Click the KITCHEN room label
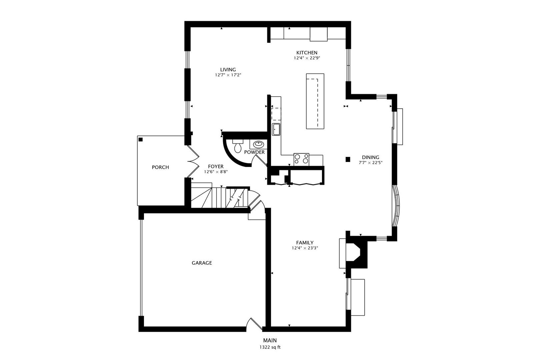coord(307,53)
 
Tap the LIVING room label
coord(228,70)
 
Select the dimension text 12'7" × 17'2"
coord(228,75)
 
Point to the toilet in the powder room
coord(238,146)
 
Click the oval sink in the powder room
coord(258,144)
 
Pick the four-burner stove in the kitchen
coord(301,159)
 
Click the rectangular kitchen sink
coord(276,129)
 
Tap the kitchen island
coord(315,101)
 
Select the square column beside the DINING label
coord(348,159)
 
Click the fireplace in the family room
coord(357,253)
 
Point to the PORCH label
coord(160,167)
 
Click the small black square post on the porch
coord(141,139)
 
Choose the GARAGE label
coord(202,263)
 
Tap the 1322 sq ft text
coord(270,347)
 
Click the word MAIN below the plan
coord(270,340)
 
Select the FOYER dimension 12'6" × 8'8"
coord(216,172)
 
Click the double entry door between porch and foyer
coord(193,161)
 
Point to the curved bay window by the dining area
coord(396,206)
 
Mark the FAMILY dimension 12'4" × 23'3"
coord(305,248)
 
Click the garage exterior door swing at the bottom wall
coord(254,324)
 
